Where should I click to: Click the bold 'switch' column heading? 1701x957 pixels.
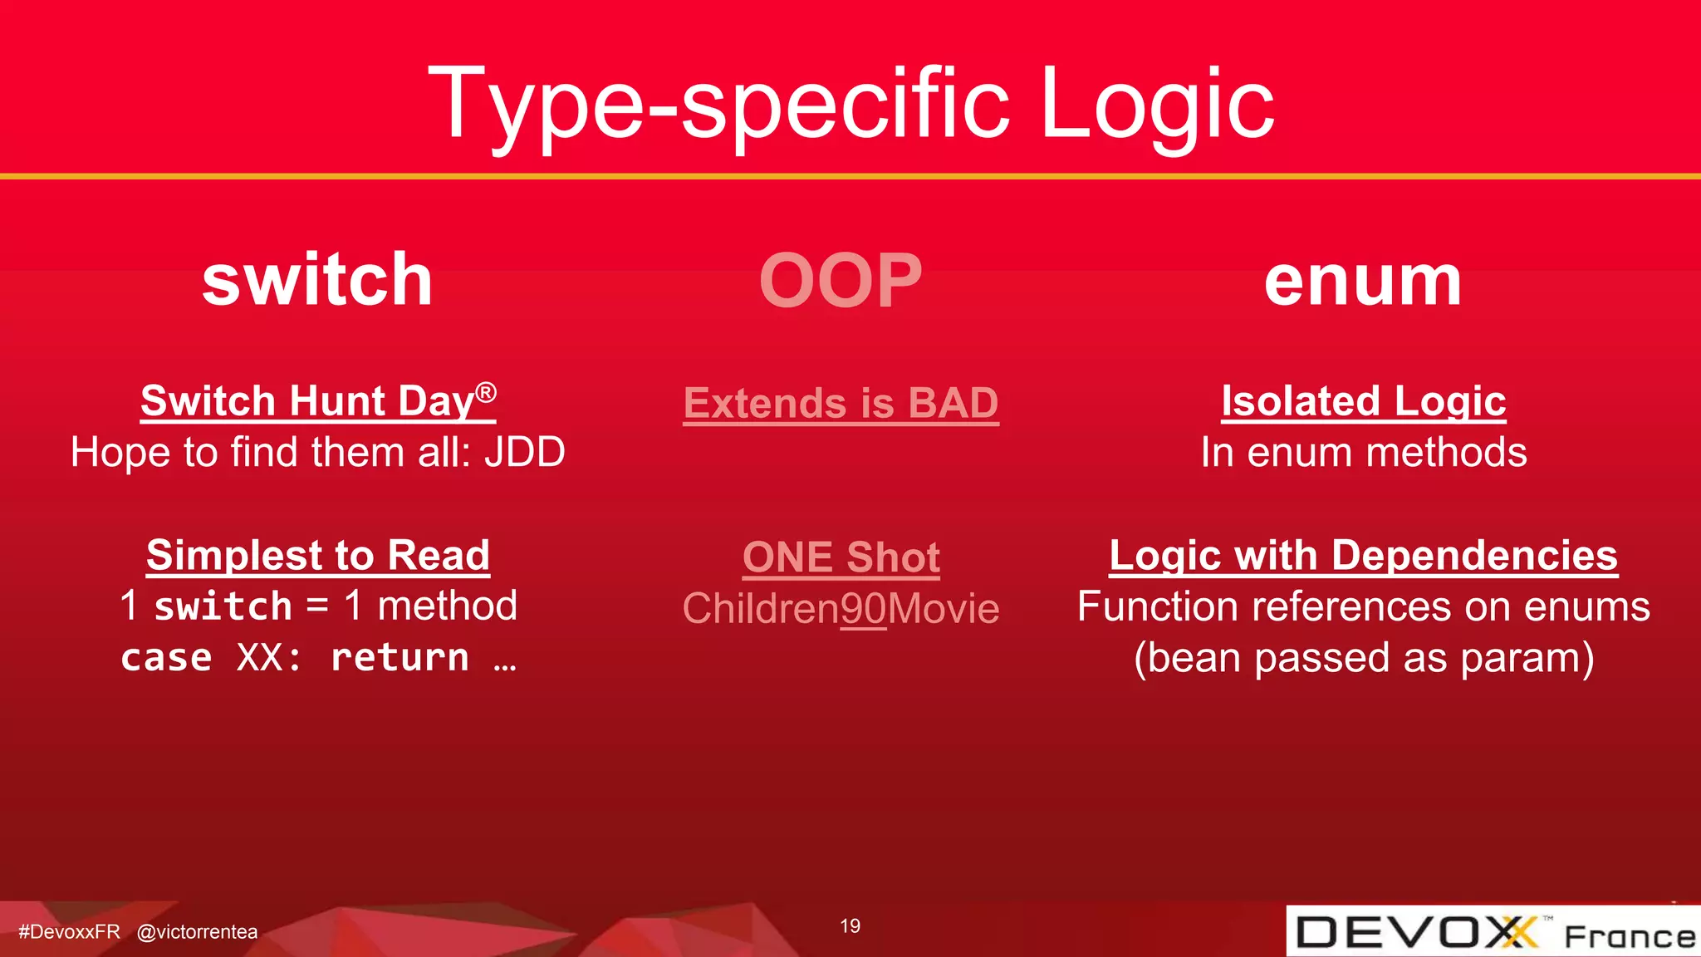[x=317, y=280]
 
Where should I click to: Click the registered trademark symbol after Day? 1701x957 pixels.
[x=486, y=391]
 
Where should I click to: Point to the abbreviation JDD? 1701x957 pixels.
[x=525, y=453]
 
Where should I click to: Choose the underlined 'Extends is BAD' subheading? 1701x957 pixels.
[x=841, y=404]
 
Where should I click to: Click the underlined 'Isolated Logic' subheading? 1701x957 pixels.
[x=1363, y=401]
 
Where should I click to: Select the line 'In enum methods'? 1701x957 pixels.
[x=1363, y=453]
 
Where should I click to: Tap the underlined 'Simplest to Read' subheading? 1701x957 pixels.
[x=318, y=555]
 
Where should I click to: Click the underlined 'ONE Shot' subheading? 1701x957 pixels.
[x=841, y=557]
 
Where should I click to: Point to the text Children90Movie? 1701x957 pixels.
[x=841, y=608]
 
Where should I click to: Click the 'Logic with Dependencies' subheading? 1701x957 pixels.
[x=1363, y=555]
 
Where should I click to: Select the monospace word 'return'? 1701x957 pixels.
[x=400, y=658]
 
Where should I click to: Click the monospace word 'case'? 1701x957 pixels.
[x=167, y=658]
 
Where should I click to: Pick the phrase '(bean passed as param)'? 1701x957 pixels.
[x=1363, y=658]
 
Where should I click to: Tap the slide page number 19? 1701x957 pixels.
[x=850, y=926]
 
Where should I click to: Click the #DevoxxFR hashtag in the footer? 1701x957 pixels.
[x=69, y=932]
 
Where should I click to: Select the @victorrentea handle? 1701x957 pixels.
[x=197, y=932]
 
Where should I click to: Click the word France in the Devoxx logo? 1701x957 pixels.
[x=1629, y=936]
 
